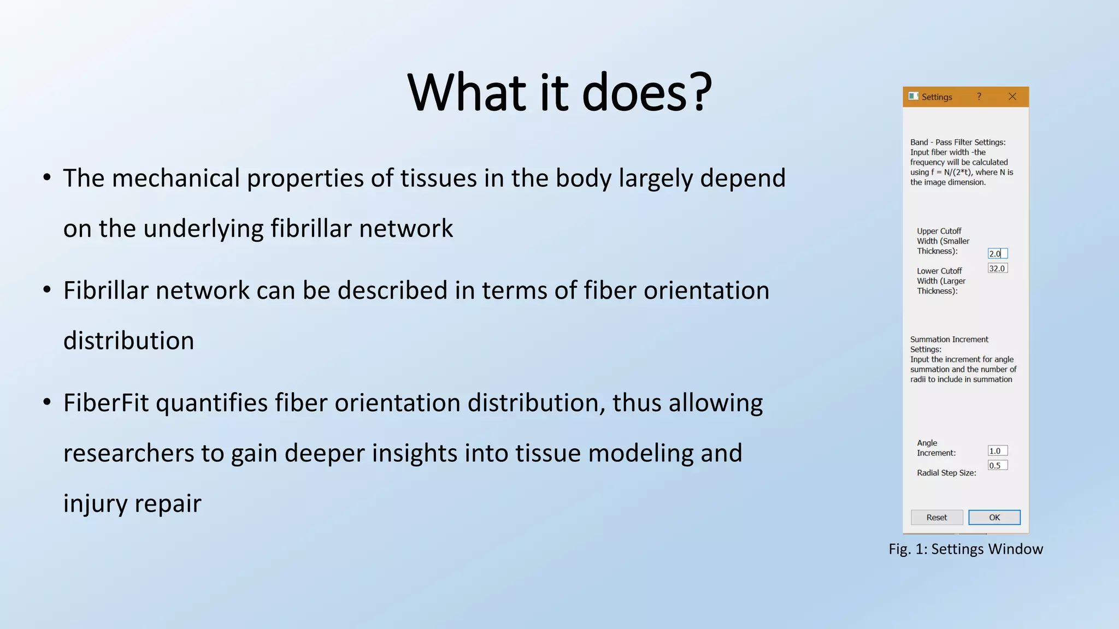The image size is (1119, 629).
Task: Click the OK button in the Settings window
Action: (x=994, y=517)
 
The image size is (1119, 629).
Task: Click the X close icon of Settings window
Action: (x=1012, y=97)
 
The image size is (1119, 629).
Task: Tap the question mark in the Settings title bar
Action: (x=979, y=97)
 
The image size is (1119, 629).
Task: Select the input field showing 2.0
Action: (x=997, y=253)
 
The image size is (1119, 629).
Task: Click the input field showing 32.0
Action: (x=997, y=268)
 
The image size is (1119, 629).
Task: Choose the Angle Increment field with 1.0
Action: (x=997, y=450)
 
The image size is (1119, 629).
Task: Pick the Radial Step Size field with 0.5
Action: (x=997, y=465)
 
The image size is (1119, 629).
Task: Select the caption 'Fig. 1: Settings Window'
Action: (x=965, y=549)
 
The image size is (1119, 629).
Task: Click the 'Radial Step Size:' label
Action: (x=946, y=473)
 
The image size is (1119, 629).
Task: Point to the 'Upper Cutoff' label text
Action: (x=939, y=231)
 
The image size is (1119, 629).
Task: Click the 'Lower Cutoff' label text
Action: (x=939, y=271)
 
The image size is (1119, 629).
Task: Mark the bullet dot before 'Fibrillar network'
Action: (x=47, y=290)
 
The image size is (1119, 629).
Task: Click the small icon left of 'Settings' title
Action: (x=913, y=96)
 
